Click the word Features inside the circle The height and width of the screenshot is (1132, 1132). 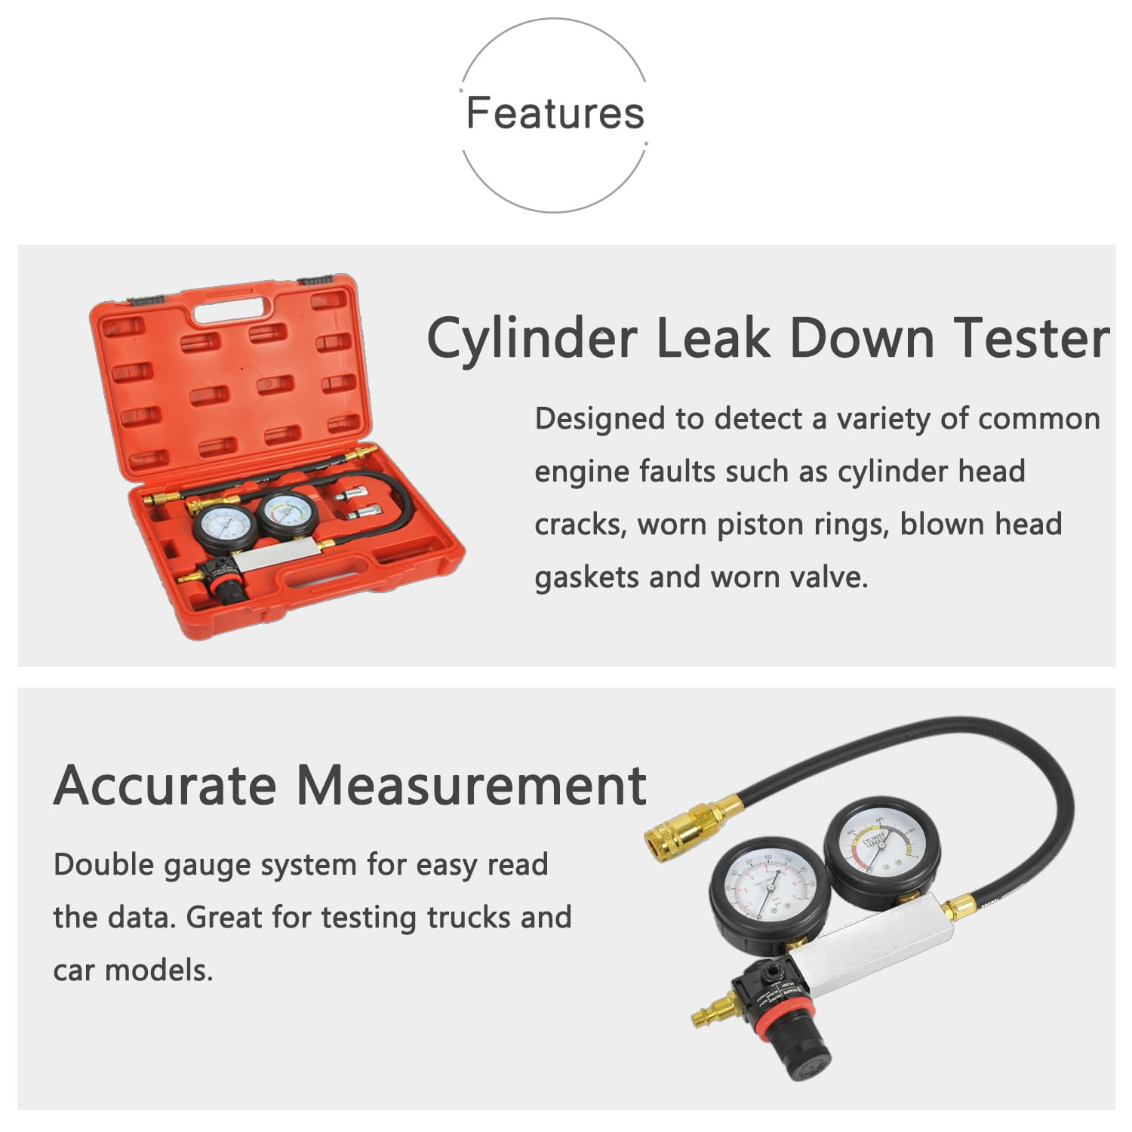point(555,113)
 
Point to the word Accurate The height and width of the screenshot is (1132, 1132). point(165,786)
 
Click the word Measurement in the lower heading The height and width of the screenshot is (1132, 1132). point(472,786)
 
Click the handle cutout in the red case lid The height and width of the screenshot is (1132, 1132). point(232,309)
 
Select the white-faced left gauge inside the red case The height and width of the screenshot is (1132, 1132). point(224,526)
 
